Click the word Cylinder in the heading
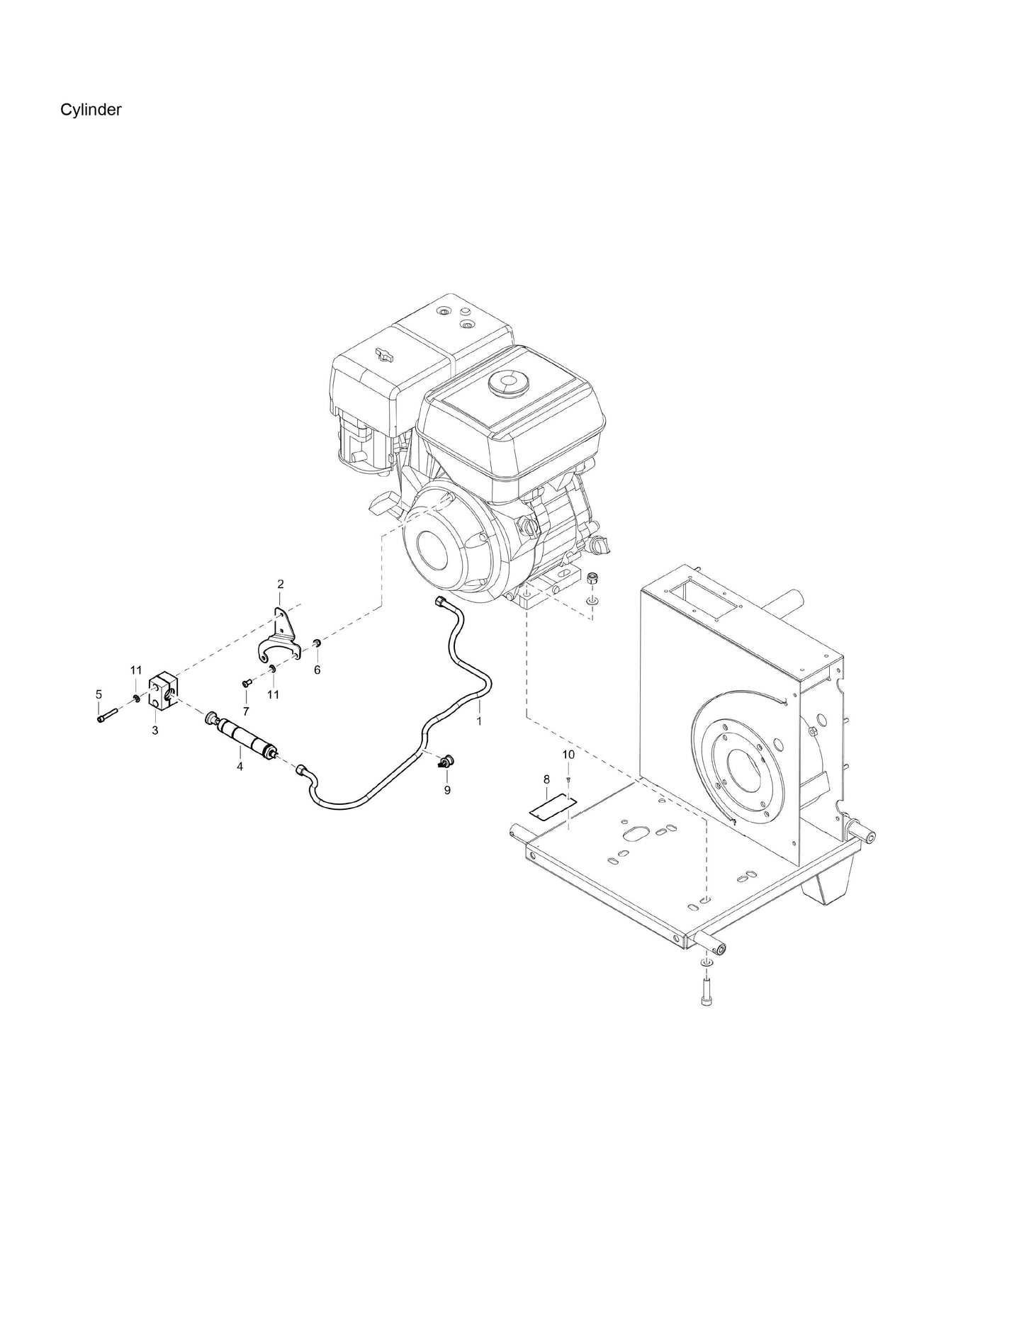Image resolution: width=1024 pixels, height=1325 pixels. pyautogui.click(x=91, y=110)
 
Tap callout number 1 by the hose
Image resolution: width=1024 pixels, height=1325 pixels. pyautogui.click(x=479, y=721)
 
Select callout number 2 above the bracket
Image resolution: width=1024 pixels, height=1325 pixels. pyautogui.click(x=280, y=584)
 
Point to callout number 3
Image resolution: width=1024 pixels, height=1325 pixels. pyautogui.click(x=155, y=730)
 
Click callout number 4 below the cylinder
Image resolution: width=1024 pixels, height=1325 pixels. pyautogui.click(x=240, y=766)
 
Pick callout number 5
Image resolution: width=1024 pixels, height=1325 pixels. pyautogui.click(x=99, y=694)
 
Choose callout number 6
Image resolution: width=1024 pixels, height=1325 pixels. pyautogui.click(x=317, y=670)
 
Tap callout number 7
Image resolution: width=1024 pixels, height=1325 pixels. pyautogui.click(x=246, y=711)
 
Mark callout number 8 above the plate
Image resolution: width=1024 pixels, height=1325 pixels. pyautogui.click(x=546, y=779)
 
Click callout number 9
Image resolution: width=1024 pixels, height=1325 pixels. pyautogui.click(x=447, y=790)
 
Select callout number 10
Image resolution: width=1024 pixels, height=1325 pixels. pyautogui.click(x=568, y=755)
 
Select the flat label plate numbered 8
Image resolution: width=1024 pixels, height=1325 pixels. pyautogui.click(x=554, y=807)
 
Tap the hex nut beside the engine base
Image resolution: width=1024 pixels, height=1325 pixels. pyautogui.click(x=592, y=579)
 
